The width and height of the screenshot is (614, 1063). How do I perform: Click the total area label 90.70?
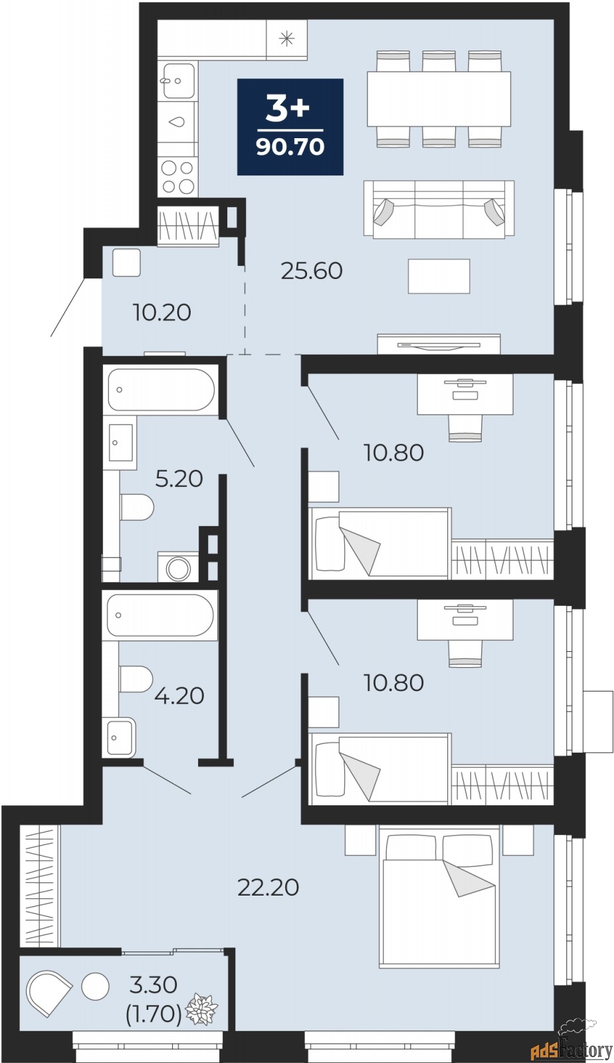tap(290, 147)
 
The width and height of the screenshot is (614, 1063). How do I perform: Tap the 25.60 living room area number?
tap(311, 271)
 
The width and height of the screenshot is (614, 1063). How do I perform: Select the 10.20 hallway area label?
tap(161, 312)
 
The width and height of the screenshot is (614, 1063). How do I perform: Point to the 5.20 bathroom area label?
tap(179, 478)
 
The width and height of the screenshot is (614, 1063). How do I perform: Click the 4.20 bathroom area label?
tap(179, 696)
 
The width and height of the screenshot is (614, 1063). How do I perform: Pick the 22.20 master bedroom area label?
tap(268, 887)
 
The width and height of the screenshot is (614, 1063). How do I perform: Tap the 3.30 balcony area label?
tap(153, 985)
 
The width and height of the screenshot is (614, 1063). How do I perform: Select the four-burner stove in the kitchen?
tap(178, 177)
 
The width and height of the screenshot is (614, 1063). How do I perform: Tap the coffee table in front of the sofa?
tap(439, 276)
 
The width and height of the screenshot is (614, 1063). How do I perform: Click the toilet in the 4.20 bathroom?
tap(136, 679)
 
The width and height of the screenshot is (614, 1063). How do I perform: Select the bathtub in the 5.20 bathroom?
tap(161, 390)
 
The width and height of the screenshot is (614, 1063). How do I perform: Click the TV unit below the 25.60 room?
tap(439, 343)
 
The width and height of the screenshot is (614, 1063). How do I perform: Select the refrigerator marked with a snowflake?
tap(286, 39)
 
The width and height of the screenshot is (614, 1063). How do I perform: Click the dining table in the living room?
tap(439, 99)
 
